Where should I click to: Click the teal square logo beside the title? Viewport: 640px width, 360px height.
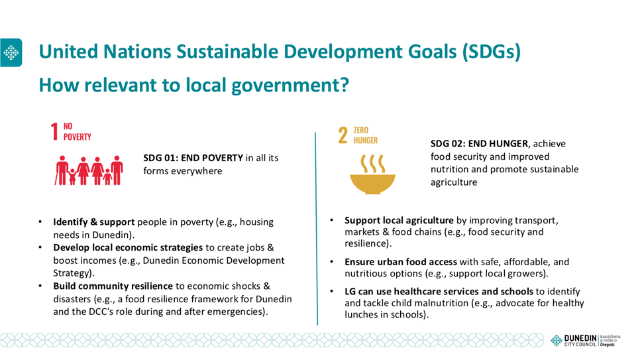(11, 53)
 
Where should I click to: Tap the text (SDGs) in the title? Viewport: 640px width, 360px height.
(492, 52)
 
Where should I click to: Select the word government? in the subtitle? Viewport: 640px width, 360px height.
(290, 86)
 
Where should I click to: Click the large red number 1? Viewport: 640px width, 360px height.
(55, 131)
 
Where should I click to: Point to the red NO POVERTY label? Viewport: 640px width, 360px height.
(77, 131)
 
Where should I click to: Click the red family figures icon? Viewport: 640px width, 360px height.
(89, 170)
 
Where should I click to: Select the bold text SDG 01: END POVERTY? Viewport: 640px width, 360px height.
(193, 158)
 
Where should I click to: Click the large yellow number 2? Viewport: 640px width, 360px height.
(343, 135)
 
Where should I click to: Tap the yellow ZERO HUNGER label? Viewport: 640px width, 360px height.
(365, 135)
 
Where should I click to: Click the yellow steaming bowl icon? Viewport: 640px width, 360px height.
(372, 174)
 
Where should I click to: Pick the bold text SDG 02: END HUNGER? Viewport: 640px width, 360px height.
(479, 143)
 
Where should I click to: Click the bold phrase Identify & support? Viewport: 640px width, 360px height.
(94, 222)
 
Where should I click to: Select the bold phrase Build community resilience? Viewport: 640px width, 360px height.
(113, 286)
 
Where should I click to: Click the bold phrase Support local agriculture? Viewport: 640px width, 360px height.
(399, 220)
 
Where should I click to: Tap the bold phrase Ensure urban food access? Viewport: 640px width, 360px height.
(401, 262)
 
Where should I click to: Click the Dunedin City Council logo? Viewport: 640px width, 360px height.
(585, 340)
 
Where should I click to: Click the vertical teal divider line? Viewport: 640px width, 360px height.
(316, 229)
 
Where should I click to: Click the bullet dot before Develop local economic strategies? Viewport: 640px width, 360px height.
(40, 247)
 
